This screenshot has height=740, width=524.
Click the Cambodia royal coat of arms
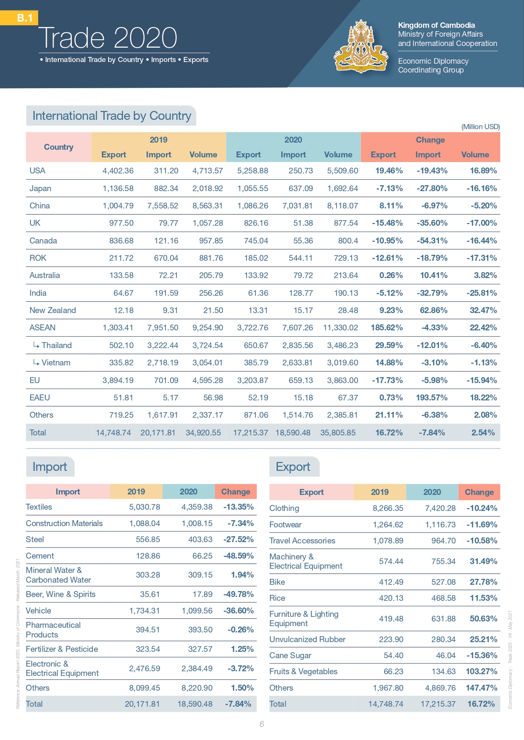[361, 47]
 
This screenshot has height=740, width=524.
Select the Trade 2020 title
[108, 38]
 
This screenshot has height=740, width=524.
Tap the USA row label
[37, 171]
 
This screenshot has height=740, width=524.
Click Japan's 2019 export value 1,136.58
[118, 188]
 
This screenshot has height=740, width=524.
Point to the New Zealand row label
[53, 311]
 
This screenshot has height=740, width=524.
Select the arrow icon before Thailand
[36, 346]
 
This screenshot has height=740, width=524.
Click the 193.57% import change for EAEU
[432, 397]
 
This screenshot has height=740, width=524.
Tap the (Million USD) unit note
[481, 127]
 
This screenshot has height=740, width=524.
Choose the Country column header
[59, 147]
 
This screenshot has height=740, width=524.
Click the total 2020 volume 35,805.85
[338, 432]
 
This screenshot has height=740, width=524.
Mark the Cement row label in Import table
[40, 556]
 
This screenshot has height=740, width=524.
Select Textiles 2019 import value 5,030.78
[144, 507]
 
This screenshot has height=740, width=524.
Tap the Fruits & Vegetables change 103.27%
[481, 671]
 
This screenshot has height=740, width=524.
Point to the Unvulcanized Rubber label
[307, 639]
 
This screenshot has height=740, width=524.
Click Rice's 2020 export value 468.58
[443, 598]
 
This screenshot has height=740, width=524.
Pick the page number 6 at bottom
[262, 724]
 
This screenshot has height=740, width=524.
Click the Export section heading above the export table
[293, 467]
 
